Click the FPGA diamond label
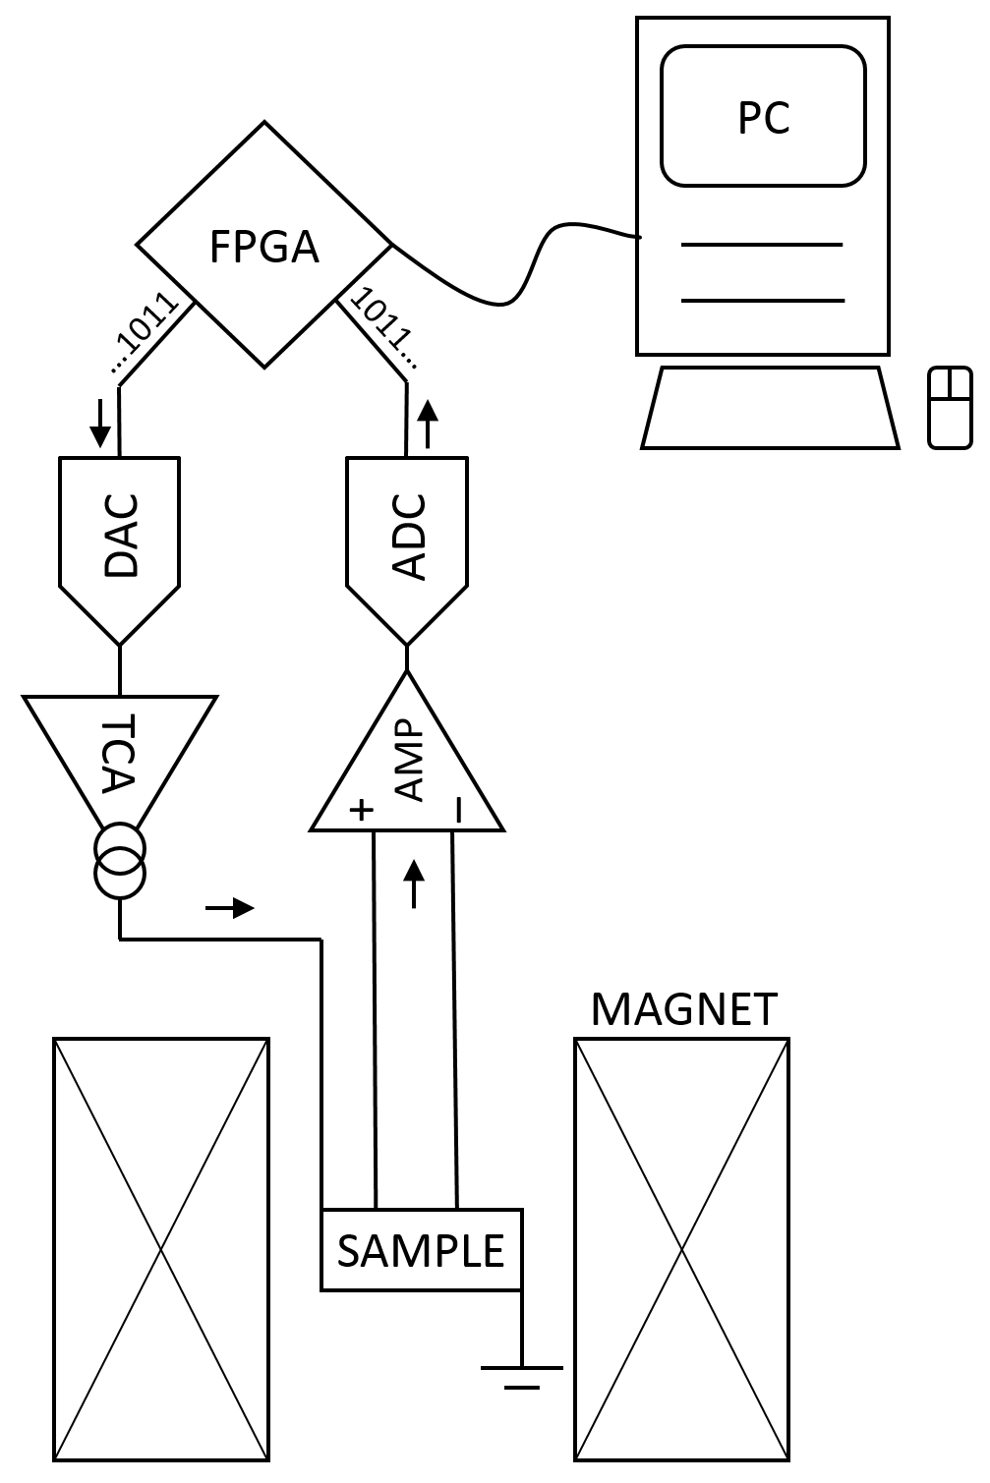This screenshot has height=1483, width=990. point(264,247)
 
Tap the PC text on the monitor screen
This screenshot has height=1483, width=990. point(763,118)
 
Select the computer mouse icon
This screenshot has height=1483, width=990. point(950,408)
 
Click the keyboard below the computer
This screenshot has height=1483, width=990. point(770,408)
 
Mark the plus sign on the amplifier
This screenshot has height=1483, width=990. point(363,810)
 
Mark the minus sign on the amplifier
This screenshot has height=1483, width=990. point(458,809)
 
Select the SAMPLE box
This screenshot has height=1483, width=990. point(421,1250)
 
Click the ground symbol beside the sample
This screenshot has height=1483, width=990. point(522,1375)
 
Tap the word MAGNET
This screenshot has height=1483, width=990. point(684,1010)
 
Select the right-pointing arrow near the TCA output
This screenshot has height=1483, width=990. point(230,908)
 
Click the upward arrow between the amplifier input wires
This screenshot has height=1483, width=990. point(414,883)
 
